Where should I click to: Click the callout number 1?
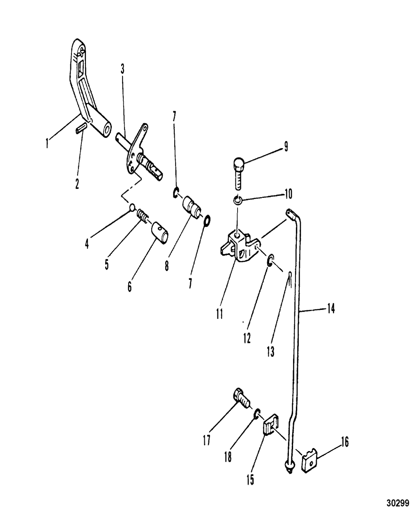click(x=48, y=144)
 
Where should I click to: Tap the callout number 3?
click(x=122, y=69)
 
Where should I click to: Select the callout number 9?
click(x=286, y=147)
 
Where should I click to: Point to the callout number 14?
click(x=331, y=308)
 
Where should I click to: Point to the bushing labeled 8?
click(x=192, y=205)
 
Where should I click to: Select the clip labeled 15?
click(x=270, y=429)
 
